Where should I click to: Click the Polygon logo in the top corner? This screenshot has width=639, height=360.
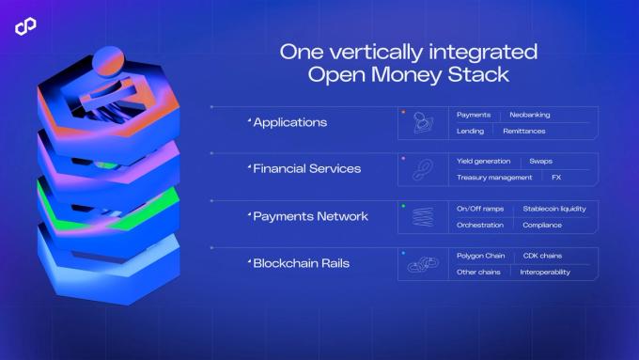coord(25,26)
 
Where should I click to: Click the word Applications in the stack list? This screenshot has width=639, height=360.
coord(290,122)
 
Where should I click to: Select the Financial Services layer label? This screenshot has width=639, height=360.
coord(307,169)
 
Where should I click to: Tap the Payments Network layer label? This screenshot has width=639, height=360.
coord(310,216)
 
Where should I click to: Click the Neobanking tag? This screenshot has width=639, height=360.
coord(530,115)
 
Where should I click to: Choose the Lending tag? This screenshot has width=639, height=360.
coord(470,131)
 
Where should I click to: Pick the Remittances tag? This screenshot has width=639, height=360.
coord(524,131)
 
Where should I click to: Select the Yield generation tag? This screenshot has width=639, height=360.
coord(484,161)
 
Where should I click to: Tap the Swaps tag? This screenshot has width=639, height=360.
coord(541,161)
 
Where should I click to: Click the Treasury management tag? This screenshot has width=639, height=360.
coord(494,177)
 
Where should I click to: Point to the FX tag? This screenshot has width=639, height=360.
coord(555,177)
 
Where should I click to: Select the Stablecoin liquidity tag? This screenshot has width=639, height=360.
coord(554,209)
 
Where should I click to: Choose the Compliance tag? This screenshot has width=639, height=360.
coord(542,225)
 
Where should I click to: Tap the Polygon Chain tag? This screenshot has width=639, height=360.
coord(481,256)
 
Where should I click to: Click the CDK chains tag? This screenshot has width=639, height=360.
coord(543,256)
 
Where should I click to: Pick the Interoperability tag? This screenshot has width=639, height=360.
coord(545,272)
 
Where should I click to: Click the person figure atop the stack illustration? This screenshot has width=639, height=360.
coord(106,80)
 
